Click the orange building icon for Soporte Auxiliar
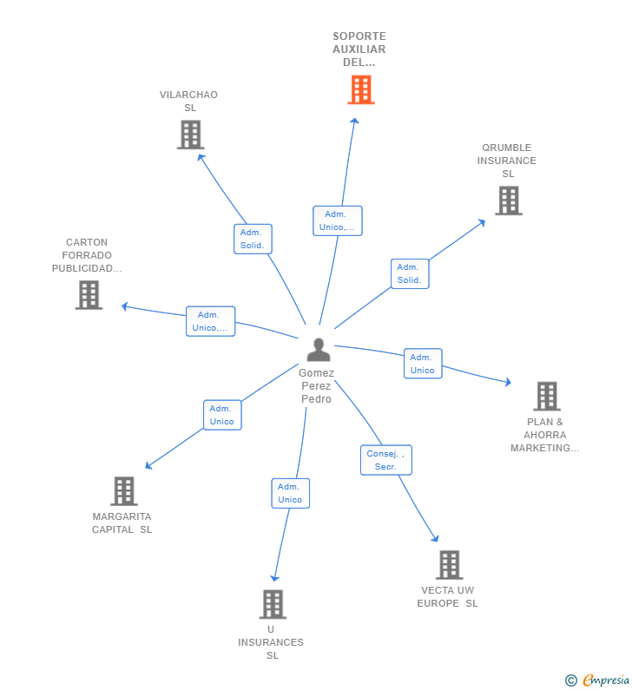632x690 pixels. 361,89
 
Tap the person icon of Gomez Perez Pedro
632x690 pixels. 319,350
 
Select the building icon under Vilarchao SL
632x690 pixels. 190,135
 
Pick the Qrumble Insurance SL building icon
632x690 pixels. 508,200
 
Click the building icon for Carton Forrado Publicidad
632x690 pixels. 89,295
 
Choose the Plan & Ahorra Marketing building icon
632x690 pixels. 546,397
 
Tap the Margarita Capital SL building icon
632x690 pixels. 124,491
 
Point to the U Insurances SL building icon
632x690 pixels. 273,604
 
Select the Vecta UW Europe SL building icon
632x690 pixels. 449,565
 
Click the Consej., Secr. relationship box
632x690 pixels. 386,460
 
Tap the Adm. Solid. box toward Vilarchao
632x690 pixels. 253,239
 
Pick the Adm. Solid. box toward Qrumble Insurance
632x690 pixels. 410,273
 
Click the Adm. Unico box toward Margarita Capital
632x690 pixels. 222,415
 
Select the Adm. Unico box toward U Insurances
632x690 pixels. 290,493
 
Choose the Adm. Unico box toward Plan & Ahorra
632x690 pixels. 423,364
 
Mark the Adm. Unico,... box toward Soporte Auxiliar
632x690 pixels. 337,220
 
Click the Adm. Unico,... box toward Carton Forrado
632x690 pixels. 210,321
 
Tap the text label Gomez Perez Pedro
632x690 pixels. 317,386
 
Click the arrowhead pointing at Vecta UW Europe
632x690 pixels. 437,540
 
